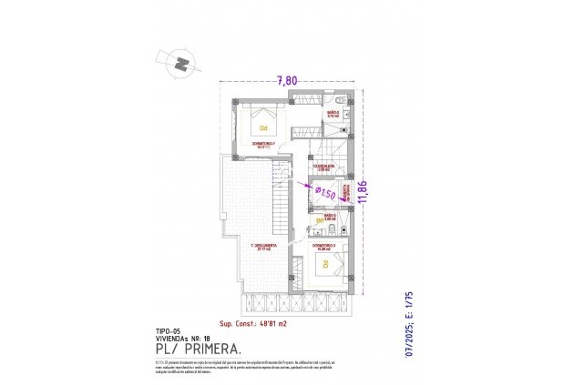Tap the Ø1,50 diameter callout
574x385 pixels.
[325, 193]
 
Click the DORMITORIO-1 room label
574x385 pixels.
[263, 144]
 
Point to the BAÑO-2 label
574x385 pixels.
[333, 113]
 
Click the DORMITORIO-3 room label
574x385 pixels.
[324, 246]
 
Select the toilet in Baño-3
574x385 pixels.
[320, 219]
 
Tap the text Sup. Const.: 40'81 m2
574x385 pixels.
[254, 324]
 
